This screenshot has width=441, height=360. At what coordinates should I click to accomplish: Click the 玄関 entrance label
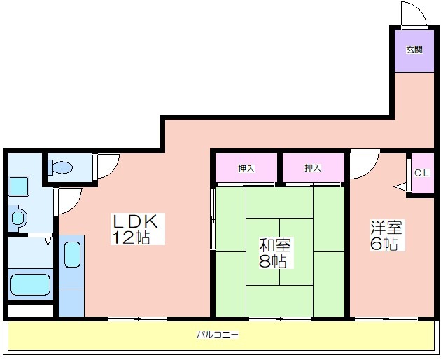[414, 50]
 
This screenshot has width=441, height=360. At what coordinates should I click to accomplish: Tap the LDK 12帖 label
[134, 229]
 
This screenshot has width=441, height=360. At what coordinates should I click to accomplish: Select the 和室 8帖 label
[274, 253]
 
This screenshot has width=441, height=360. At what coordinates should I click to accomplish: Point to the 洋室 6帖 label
[386, 235]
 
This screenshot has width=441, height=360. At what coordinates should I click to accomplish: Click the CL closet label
[422, 173]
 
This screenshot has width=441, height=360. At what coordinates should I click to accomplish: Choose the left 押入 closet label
[246, 168]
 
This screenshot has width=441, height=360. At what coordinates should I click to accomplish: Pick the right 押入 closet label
[313, 168]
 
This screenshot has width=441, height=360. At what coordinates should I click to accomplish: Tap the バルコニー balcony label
[218, 335]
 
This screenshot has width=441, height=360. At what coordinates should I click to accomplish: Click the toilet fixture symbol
[60, 167]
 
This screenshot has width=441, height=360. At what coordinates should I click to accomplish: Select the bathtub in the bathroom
[30, 284]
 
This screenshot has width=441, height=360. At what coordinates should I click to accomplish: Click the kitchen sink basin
[73, 255]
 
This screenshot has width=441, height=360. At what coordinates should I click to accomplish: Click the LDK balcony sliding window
[138, 319]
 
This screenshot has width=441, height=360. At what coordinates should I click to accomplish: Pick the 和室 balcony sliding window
[280, 319]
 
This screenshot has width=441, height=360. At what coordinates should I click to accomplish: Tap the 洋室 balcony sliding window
[386, 319]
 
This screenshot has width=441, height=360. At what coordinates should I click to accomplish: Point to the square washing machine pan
[19, 186]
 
